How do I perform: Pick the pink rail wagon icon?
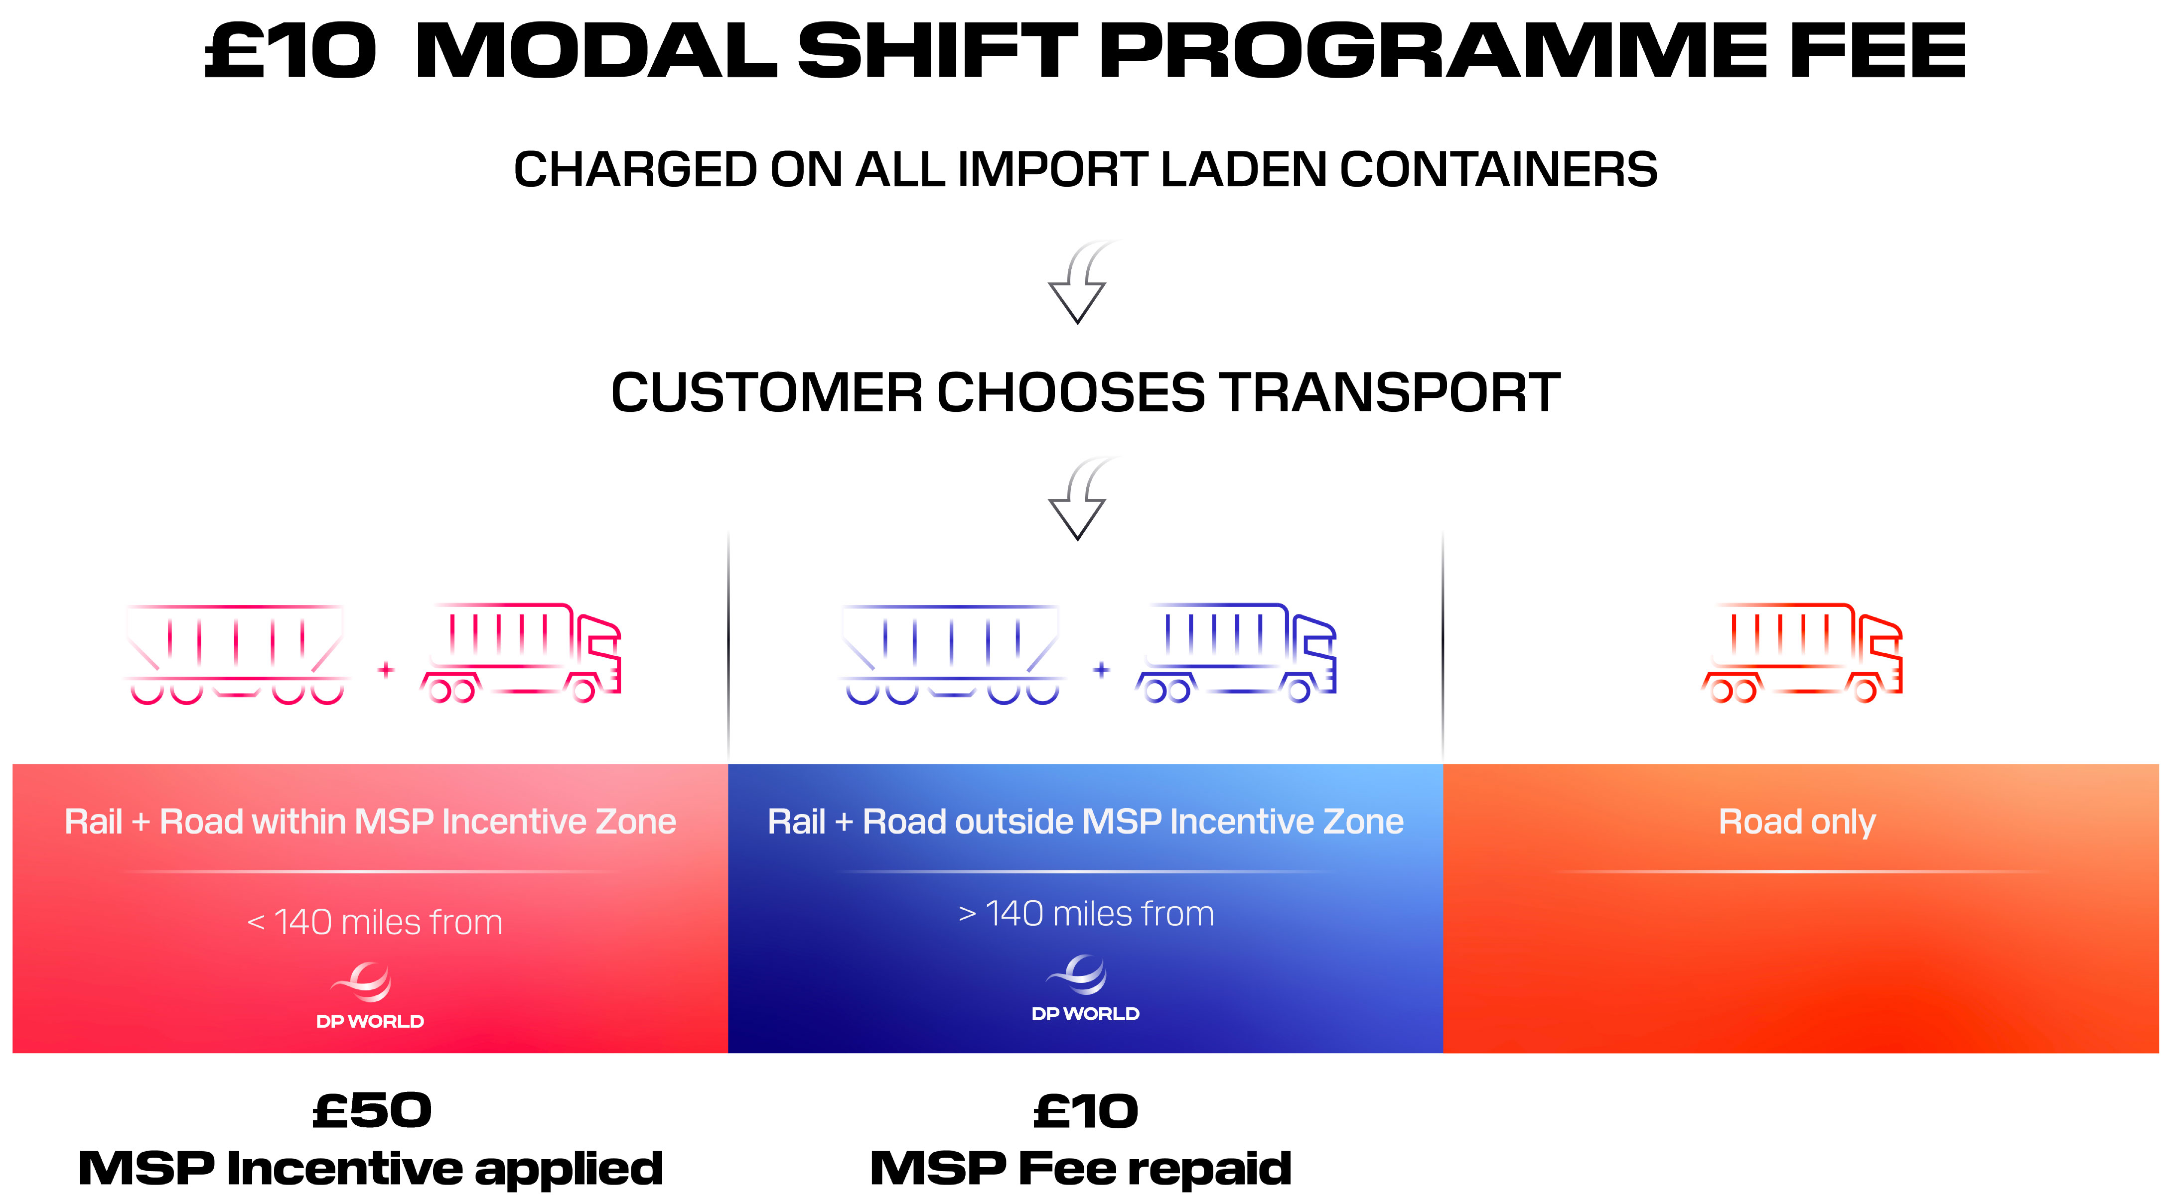tap(237, 654)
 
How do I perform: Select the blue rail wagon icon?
tap(952, 654)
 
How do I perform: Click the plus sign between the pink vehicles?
tap(386, 670)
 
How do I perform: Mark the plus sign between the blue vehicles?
tap(1101, 670)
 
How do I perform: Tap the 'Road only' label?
tap(1797, 822)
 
